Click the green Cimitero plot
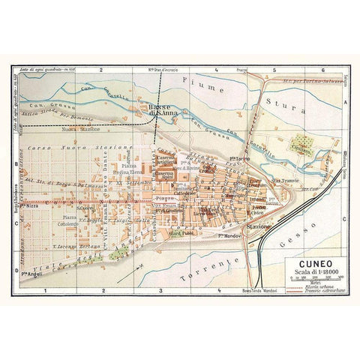pos(302,142)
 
